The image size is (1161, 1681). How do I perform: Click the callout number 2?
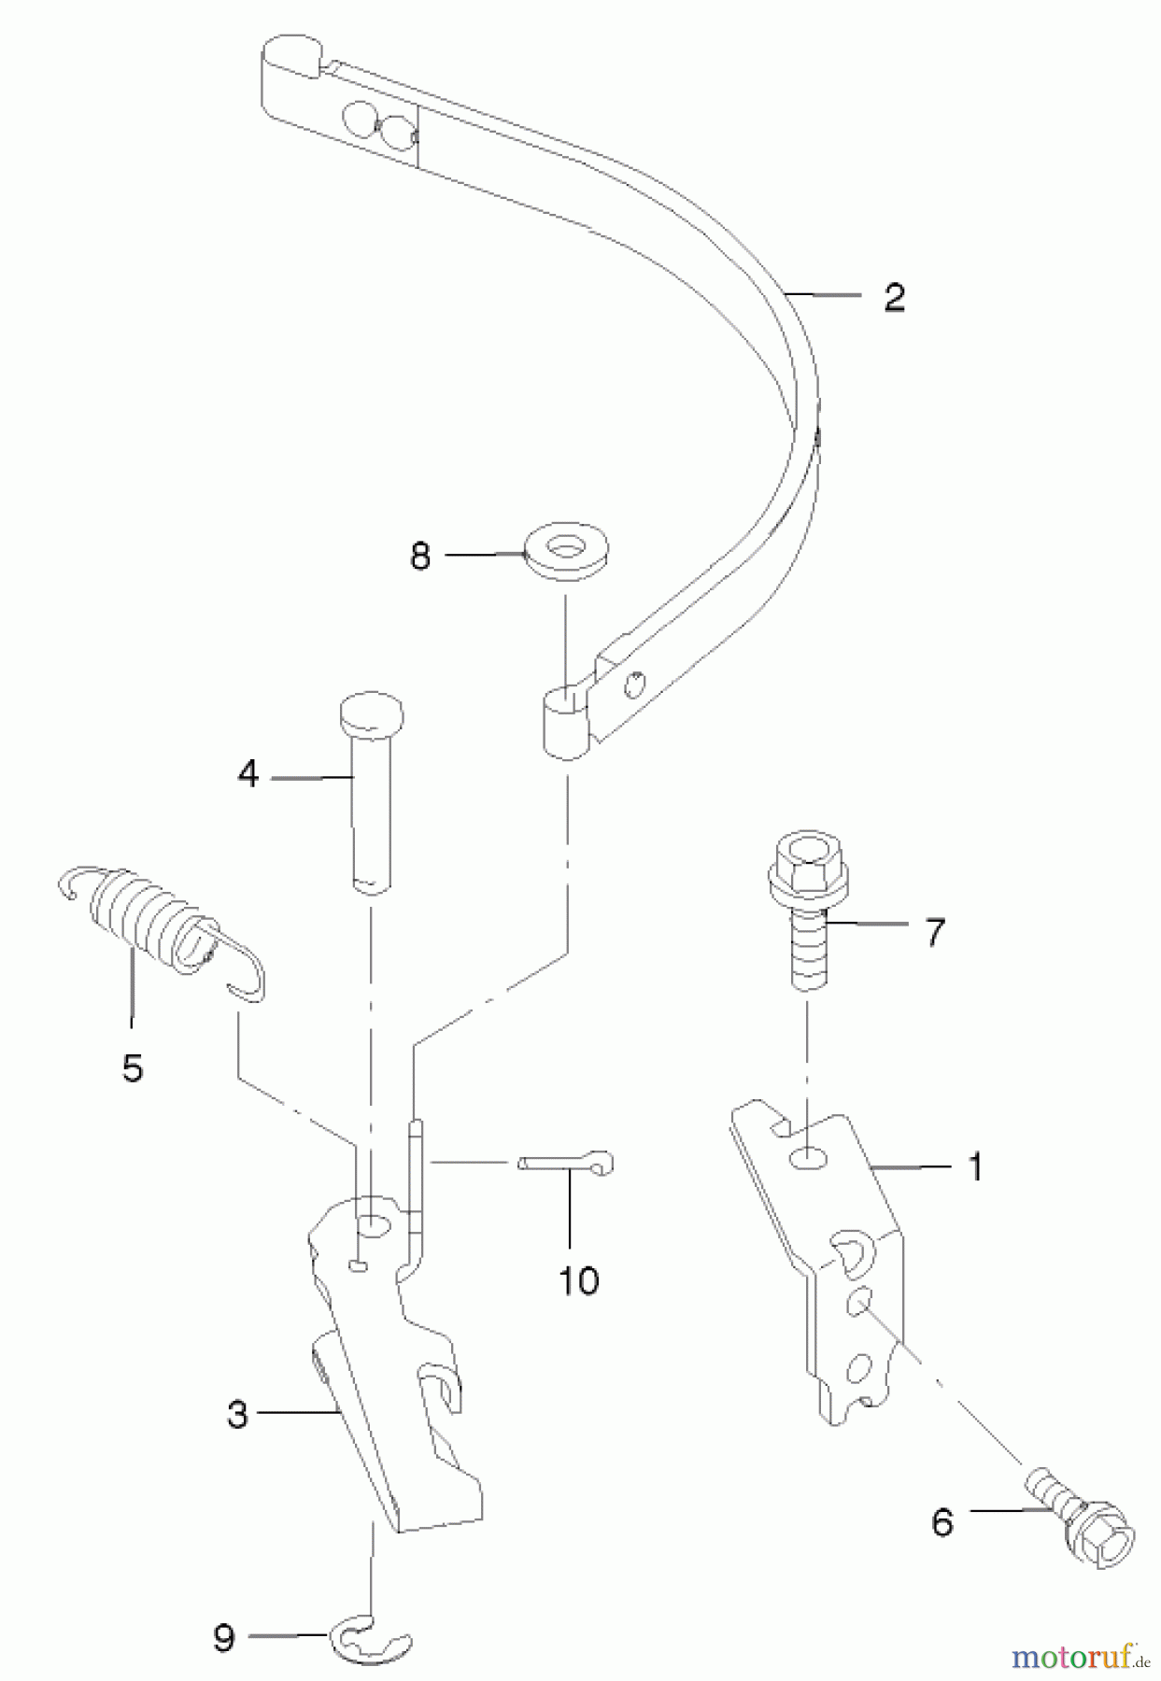(x=894, y=298)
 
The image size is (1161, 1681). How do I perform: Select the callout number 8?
(x=420, y=557)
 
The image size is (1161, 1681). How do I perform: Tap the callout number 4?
(x=248, y=774)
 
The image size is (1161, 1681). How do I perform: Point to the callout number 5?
(x=133, y=1067)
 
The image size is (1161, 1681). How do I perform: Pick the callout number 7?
(x=934, y=931)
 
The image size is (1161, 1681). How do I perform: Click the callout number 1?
(x=975, y=1166)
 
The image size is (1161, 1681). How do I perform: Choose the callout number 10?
(x=578, y=1280)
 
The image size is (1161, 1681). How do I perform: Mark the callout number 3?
(x=237, y=1414)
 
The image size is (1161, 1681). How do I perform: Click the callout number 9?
(x=223, y=1638)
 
